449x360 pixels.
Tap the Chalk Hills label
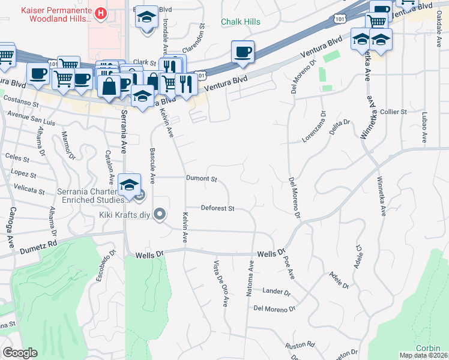(240, 22)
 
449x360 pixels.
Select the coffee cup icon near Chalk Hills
(243, 52)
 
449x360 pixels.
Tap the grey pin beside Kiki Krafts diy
(160, 214)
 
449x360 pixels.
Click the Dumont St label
(200, 179)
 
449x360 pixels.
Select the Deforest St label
(217, 208)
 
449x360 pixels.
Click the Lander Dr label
(276, 292)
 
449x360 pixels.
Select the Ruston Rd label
(300, 345)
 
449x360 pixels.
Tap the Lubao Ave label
(424, 127)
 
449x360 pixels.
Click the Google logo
(20, 353)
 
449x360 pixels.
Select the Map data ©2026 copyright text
(423, 355)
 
